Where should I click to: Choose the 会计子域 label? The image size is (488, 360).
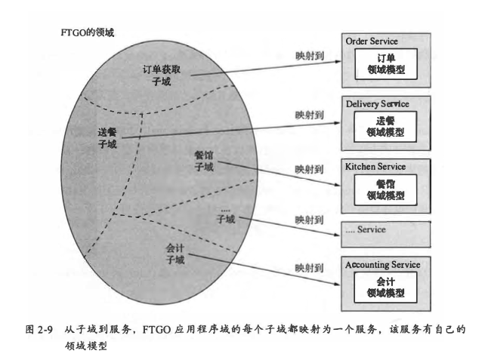(x=175, y=254)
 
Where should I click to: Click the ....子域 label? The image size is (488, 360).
(x=226, y=215)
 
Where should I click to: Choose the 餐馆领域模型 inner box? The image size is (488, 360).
(x=385, y=189)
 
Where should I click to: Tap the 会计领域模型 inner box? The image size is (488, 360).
(x=385, y=288)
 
